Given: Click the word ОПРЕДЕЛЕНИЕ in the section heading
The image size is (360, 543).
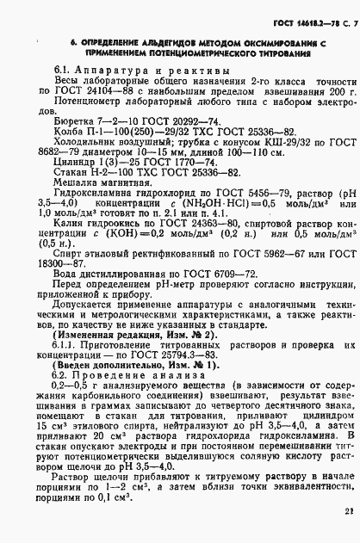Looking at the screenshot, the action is coord(90,39).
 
